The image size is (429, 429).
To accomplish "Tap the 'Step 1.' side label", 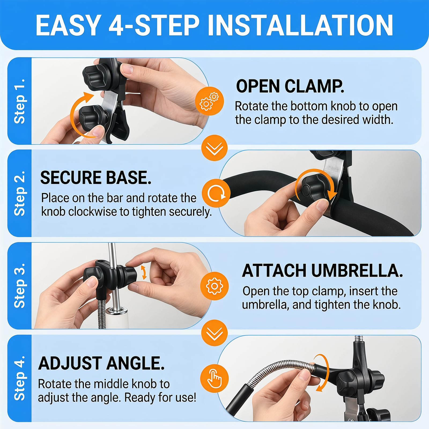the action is point(20,101).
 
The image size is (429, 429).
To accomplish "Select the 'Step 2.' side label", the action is point(20,193).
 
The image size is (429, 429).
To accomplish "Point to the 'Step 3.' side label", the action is point(20,286).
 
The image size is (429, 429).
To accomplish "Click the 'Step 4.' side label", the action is point(20,378).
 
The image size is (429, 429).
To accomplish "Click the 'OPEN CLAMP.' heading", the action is point(290,86).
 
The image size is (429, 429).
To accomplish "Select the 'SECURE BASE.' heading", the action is point(96,178).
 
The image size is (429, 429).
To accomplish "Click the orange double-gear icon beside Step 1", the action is point(209,101).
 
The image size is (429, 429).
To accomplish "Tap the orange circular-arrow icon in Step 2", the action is point(216,193).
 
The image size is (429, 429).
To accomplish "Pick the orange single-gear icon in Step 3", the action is point(214,286).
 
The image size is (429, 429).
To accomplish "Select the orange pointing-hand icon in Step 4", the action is point(214,378).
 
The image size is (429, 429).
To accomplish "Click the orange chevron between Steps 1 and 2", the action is point(214,148).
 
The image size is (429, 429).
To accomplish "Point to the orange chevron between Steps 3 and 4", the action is point(214,333).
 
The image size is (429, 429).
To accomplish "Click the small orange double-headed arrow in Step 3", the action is point(144,272).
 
